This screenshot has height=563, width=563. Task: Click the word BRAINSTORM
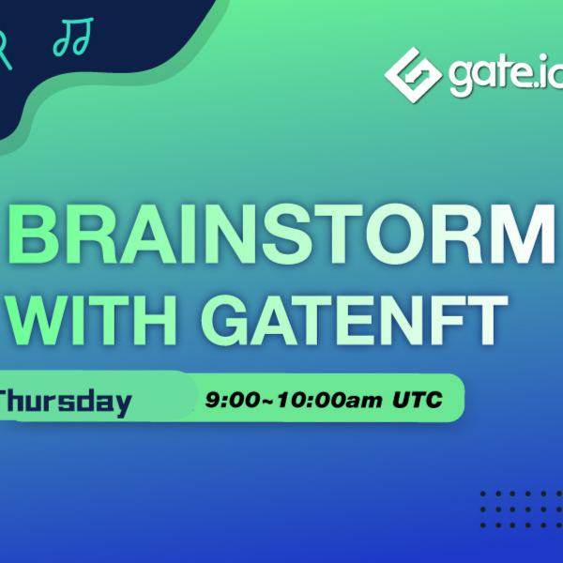click(x=281, y=235)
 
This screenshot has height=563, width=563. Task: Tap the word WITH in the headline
click(x=92, y=320)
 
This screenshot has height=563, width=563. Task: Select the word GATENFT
click(x=354, y=320)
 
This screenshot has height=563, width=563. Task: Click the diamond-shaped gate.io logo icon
click(x=413, y=75)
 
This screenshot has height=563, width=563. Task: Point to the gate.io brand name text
click(x=506, y=75)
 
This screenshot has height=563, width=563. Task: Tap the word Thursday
click(x=65, y=403)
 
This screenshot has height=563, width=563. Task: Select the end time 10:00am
click(x=329, y=400)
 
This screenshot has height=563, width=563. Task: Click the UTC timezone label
click(x=418, y=400)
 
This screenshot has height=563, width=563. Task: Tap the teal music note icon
click(x=73, y=37)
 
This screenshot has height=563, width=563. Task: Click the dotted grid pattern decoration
click(x=522, y=510)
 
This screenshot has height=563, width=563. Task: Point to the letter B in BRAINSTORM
click(x=33, y=235)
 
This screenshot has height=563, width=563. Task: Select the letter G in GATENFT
click(x=225, y=320)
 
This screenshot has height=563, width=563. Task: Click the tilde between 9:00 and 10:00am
click(x=268, y=401)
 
